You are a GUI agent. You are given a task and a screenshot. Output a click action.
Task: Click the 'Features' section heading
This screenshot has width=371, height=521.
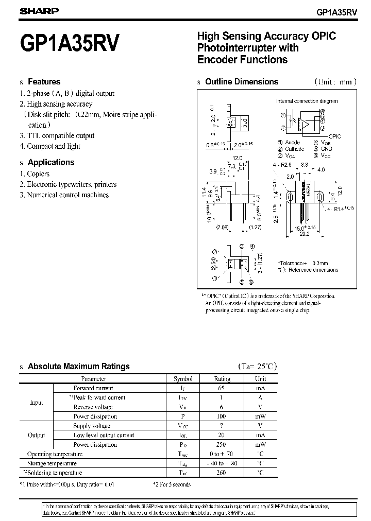44,81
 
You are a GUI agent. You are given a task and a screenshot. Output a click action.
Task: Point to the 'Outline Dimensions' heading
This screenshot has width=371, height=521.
241,81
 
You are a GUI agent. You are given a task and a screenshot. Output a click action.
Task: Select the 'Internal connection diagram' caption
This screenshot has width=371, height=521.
307,101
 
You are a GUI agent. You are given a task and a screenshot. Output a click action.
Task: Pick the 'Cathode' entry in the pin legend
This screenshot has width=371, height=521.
294,149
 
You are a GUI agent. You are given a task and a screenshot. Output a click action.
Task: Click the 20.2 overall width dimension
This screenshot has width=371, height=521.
305,233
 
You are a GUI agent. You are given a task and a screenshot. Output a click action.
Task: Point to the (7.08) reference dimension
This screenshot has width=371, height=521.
222,227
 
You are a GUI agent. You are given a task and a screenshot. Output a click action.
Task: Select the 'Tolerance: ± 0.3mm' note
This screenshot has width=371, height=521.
303,263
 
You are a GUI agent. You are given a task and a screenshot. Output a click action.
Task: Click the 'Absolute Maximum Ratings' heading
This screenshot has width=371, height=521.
78,367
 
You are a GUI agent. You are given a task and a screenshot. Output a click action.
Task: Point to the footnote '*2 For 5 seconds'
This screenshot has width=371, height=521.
172,484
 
